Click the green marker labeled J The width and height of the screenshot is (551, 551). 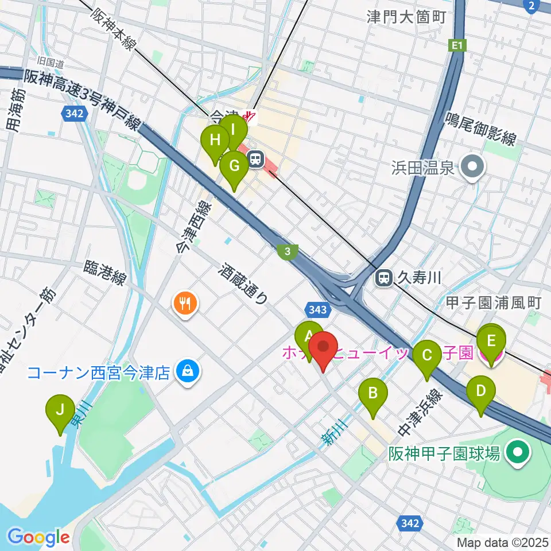point(60,411)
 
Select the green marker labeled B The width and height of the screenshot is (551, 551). point(372,394)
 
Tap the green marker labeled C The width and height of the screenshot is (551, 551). point(427,356)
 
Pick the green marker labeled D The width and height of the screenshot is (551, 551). point(481,392)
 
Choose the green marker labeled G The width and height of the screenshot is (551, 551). point(234,166)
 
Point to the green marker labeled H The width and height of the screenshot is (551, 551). point(215,141)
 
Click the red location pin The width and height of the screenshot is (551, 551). point(324,348)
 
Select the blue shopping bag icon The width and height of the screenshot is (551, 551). point(188,372)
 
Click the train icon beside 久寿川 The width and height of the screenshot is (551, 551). point(382,278)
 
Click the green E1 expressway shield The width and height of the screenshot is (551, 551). point(456,45)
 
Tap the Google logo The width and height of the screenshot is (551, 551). point(38,537)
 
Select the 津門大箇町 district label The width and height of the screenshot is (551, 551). point(406,17)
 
